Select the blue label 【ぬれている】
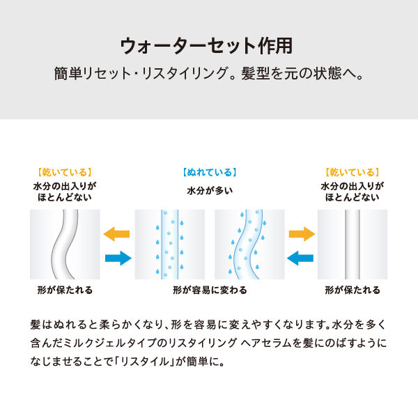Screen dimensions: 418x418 point(209,172)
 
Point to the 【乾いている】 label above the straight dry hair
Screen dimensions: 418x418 point(352,172)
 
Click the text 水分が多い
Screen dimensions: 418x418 point(209,190)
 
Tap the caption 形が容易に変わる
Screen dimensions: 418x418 point(210,289)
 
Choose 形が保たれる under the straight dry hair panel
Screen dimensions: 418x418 point(353,289)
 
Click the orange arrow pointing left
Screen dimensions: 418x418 point(117,234)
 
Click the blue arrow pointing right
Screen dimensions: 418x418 point(117,258)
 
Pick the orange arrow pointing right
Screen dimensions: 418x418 point(302,234)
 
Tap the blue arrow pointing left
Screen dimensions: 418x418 point(302,258)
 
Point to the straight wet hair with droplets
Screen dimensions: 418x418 point(169,244)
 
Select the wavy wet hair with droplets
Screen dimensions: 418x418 point(249,244)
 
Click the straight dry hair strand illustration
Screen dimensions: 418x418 point(352,244)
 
